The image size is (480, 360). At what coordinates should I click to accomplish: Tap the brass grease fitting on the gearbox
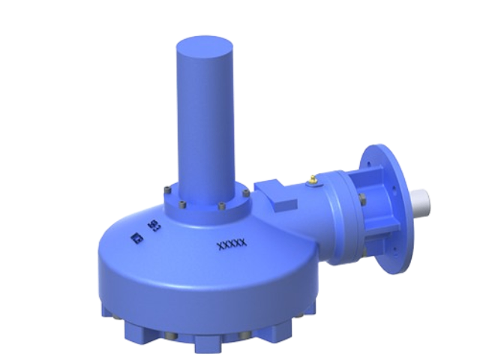[x=310, y=180]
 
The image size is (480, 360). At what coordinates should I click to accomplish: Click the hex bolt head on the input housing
[x=362, y=199]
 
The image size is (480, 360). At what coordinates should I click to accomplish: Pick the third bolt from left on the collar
[x=222, y=208]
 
